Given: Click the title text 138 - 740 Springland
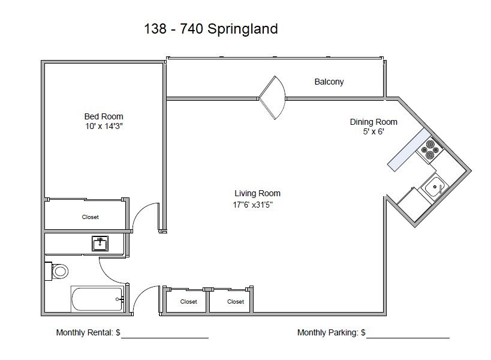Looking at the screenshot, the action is (x=211, y=29).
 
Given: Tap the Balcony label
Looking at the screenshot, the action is (x=329, y=82).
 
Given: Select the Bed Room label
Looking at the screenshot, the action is (x=104, y=116).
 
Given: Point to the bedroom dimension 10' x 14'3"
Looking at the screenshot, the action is (x=104, y=126).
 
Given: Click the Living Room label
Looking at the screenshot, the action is (x=257, y=193).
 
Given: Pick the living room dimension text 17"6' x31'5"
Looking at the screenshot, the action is (x=253, y=205).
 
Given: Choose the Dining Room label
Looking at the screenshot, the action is (x=373, y=122).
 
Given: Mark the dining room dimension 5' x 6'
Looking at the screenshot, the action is (x=373, y=131).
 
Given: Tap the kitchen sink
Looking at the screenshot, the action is (x=435, y=187).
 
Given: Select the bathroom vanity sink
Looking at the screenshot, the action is (x=100, y=244).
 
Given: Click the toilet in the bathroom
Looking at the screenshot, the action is (x=57, y=271).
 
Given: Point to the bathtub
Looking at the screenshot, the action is (x=97, y=299).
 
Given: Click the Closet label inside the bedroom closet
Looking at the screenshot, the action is (x=90, y=217).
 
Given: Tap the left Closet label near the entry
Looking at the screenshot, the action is (x=188, y=302).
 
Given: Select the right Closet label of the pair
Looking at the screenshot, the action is (x=236, y=302).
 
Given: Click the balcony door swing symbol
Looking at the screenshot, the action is (x=272, y=98).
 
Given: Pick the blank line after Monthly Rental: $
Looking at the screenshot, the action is (x=165, y=338).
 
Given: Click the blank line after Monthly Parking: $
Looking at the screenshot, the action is (x=408, y=338).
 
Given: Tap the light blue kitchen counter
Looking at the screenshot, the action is (x=409, y=150).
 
